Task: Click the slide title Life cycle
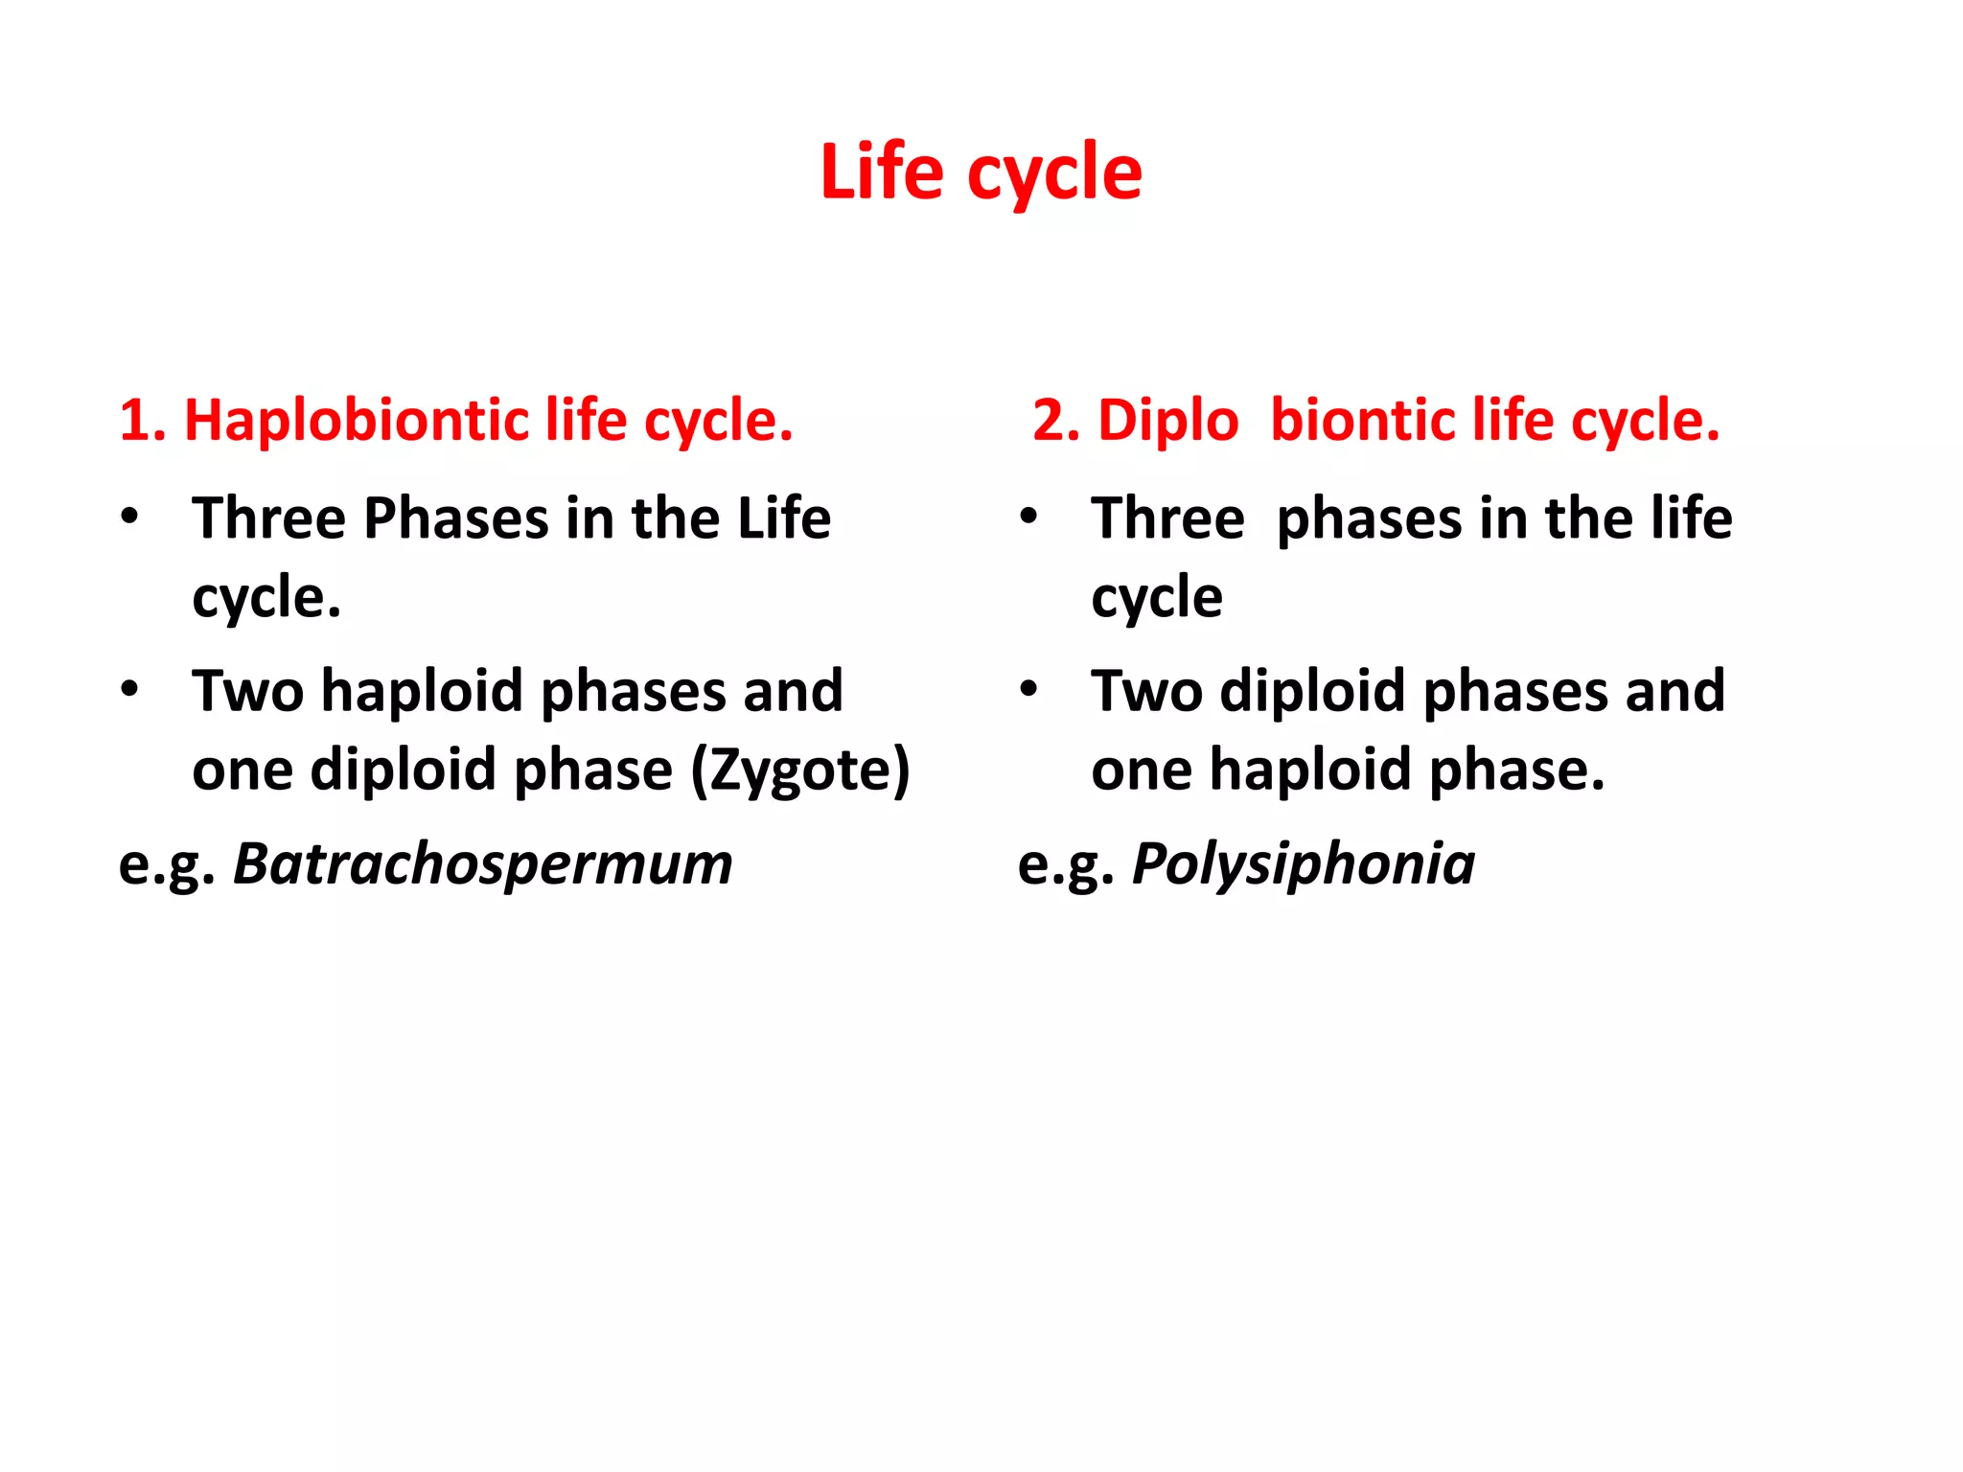tap(981, 172)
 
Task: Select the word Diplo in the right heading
tap(1167, 422)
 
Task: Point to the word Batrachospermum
tap(483, 864)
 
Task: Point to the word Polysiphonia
tap(1304, 864)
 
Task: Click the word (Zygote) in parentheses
tap(800, 770)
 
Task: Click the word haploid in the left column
tap(423, 692)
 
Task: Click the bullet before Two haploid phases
tap(129, 689)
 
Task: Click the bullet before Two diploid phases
tap(1028, 689)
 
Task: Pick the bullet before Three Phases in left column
tap(129, 516)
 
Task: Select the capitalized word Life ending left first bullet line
tap(783, 519)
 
